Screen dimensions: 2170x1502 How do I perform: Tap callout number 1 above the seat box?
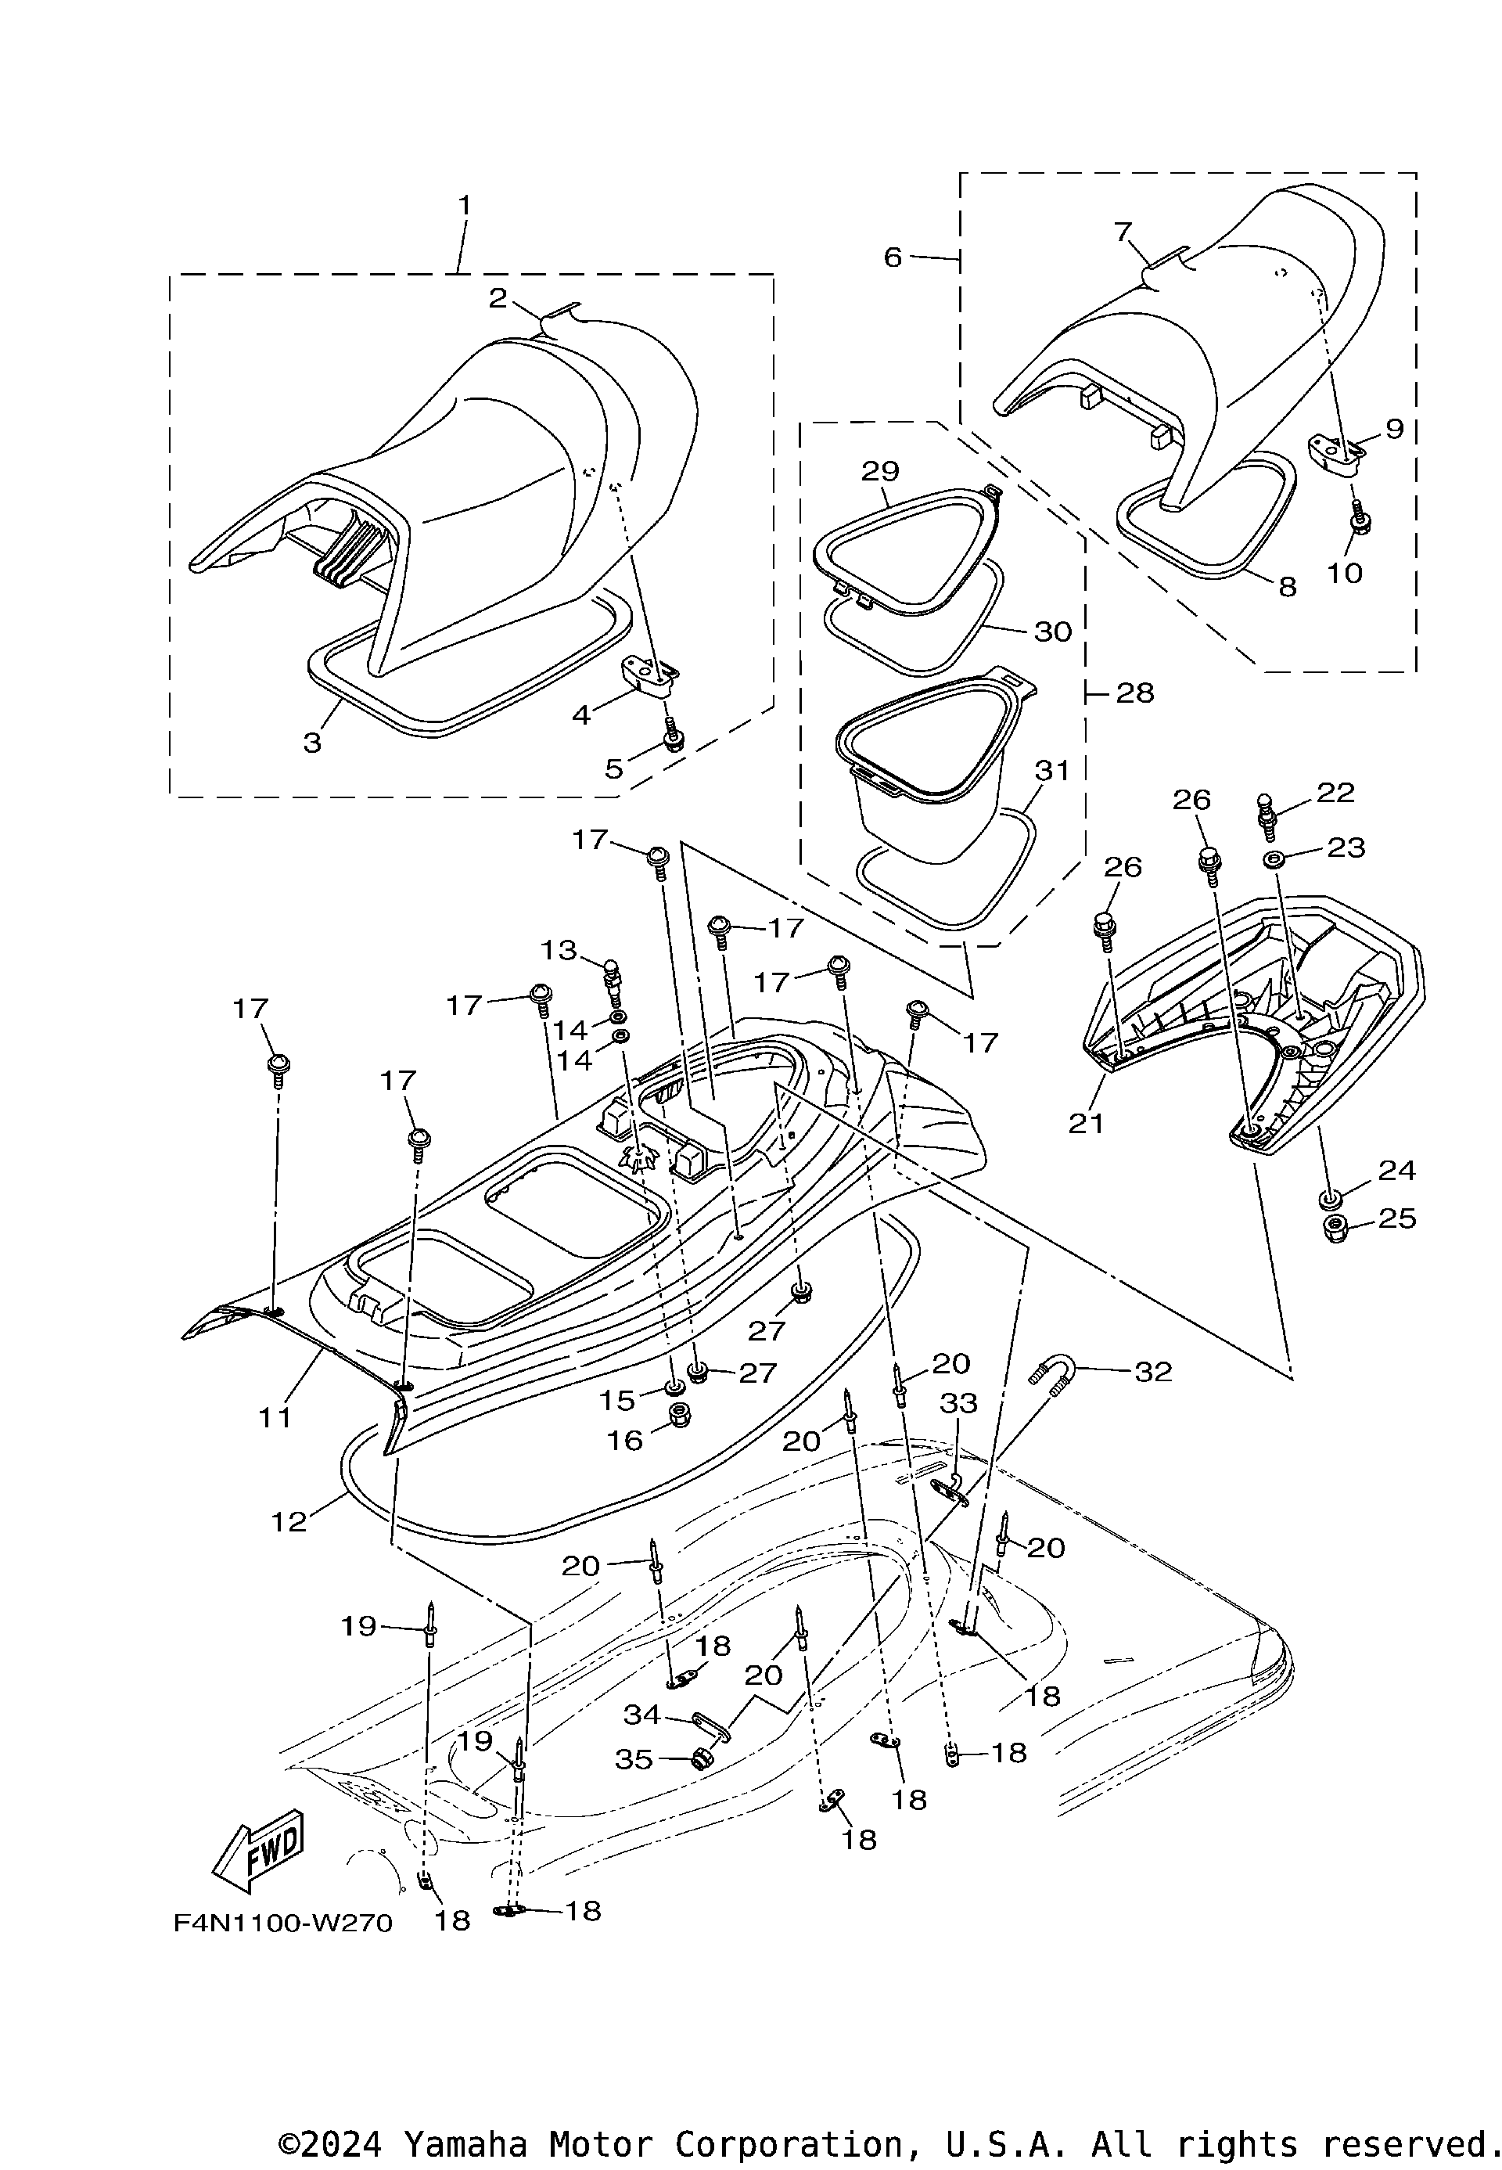pyautogui.click(x=464, y=204)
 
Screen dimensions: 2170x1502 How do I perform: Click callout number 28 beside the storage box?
pyautogui.click(x=1135, y=693)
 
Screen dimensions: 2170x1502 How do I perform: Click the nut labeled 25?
pyautogui.click(x=1335, y=1229)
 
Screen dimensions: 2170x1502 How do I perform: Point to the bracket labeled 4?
pyautogui.click(x=649, y=676)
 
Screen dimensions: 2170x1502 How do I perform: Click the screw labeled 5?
pyautogui.click(x=672, y=738)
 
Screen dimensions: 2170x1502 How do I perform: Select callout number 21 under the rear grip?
pyautogui.click(x=1086, y=1122)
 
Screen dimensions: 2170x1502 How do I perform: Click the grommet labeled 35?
pyautogui.click(x=700, y=1758)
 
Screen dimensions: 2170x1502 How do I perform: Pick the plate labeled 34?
pyautogui.click(x=713, y=1726)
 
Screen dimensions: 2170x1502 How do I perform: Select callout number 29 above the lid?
pyautogui.click(x=880, y=471)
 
